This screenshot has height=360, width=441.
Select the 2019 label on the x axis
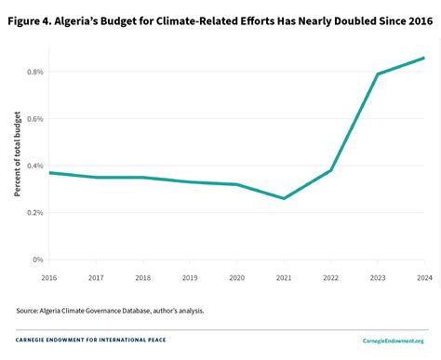[x=189, y=276]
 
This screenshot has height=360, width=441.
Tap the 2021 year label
[x=283, y=276]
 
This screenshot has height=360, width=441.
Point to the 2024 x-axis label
[x=424, y=276]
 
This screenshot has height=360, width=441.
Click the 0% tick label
[x=37, y=260]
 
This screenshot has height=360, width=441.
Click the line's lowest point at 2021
[x=283, y=198]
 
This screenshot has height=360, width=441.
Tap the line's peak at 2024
[x=424, y=58]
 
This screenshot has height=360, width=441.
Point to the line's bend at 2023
[x=377, y=74]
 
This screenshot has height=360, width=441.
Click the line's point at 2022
[x=330, y=170]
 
